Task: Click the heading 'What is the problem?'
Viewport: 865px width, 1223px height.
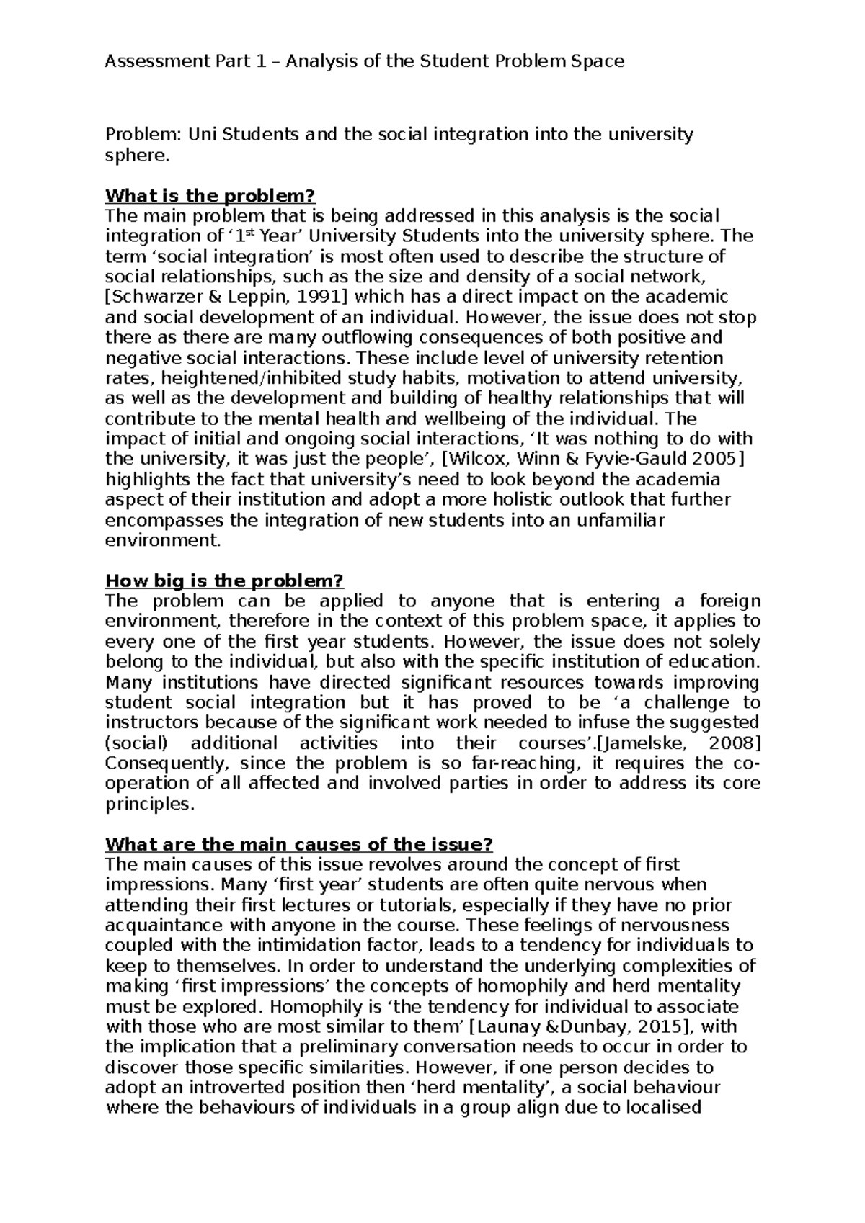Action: click(x=210, y=196)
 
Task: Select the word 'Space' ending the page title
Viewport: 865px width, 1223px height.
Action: click(x=597, y=62)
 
